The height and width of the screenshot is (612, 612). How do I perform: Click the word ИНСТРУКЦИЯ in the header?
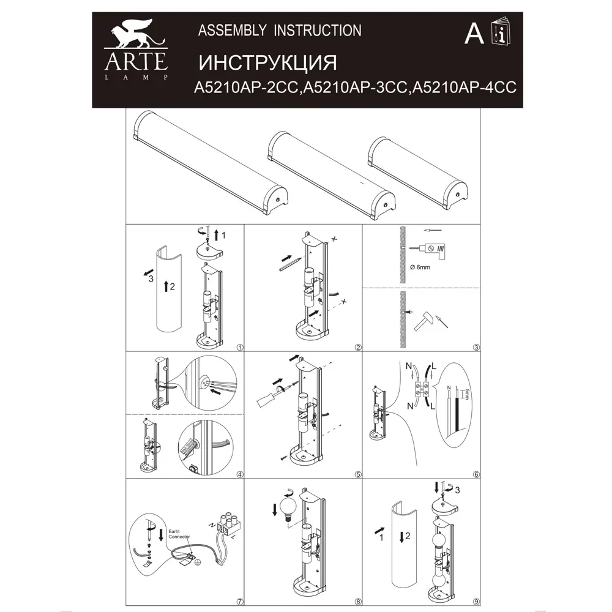click(x=269, y=62)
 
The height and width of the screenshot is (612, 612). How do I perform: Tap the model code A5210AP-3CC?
click(x=356, y=88)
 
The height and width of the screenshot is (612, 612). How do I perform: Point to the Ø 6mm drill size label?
click(x=420, y=267)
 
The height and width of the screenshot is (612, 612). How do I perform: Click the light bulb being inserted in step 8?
click(x=288, y=507)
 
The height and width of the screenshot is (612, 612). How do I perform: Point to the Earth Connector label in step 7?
click(x=179, y=533)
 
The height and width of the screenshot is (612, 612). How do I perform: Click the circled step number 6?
click(x=476, y=474)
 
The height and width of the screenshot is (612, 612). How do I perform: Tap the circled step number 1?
click(x=239, y=347)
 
